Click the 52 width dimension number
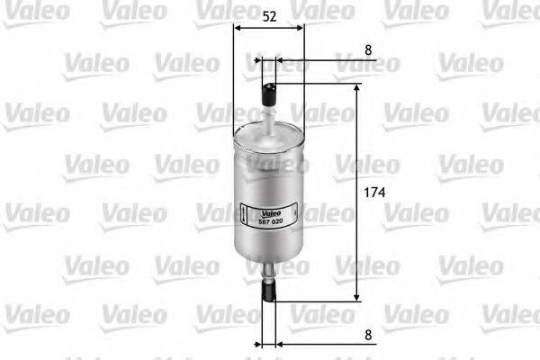tap(269, 15)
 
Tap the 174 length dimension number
tap(376, 193)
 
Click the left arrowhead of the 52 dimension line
tap(237, 28)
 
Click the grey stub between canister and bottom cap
tap(268, 268)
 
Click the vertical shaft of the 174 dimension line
tap(357, 234)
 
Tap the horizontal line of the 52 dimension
tap(268, 28)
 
